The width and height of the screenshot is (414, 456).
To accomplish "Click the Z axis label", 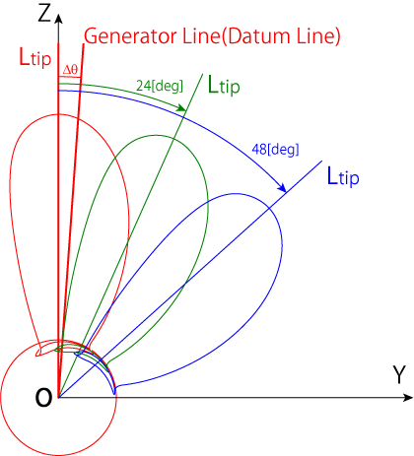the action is coord(44,13).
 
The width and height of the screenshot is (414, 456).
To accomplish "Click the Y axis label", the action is coord(399,375).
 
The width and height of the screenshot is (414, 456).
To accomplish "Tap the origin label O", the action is coord(43,397).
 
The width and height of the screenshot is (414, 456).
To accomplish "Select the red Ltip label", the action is coord(35,57).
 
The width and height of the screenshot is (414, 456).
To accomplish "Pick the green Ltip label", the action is coord(224,86).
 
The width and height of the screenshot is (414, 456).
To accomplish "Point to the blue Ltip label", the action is coord(343,176).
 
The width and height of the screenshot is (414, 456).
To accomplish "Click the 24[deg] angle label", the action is coord(160,86).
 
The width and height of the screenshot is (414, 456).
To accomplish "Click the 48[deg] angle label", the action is coord(275,150).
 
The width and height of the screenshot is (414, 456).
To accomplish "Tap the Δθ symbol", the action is coord(70,70).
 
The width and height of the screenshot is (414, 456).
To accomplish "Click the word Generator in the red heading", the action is coord(131,36).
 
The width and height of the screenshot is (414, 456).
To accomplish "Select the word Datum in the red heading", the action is coord(258,36).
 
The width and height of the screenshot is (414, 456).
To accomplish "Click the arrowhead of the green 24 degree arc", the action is coord(181,107).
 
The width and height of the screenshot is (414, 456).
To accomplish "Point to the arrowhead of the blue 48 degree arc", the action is coord(282,187).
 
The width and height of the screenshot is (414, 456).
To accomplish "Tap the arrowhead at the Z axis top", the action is coord(58,19).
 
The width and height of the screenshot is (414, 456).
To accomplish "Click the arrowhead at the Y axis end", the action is coord(408,398).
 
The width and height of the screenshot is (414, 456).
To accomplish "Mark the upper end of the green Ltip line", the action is coord(202,74).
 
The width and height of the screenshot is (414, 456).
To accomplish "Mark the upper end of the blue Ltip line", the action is coord(321,162).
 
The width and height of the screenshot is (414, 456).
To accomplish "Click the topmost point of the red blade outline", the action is coord(59,114).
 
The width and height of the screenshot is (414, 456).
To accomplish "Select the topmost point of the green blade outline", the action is coord(156,135).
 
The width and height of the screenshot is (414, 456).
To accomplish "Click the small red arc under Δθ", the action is coord(69,78).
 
